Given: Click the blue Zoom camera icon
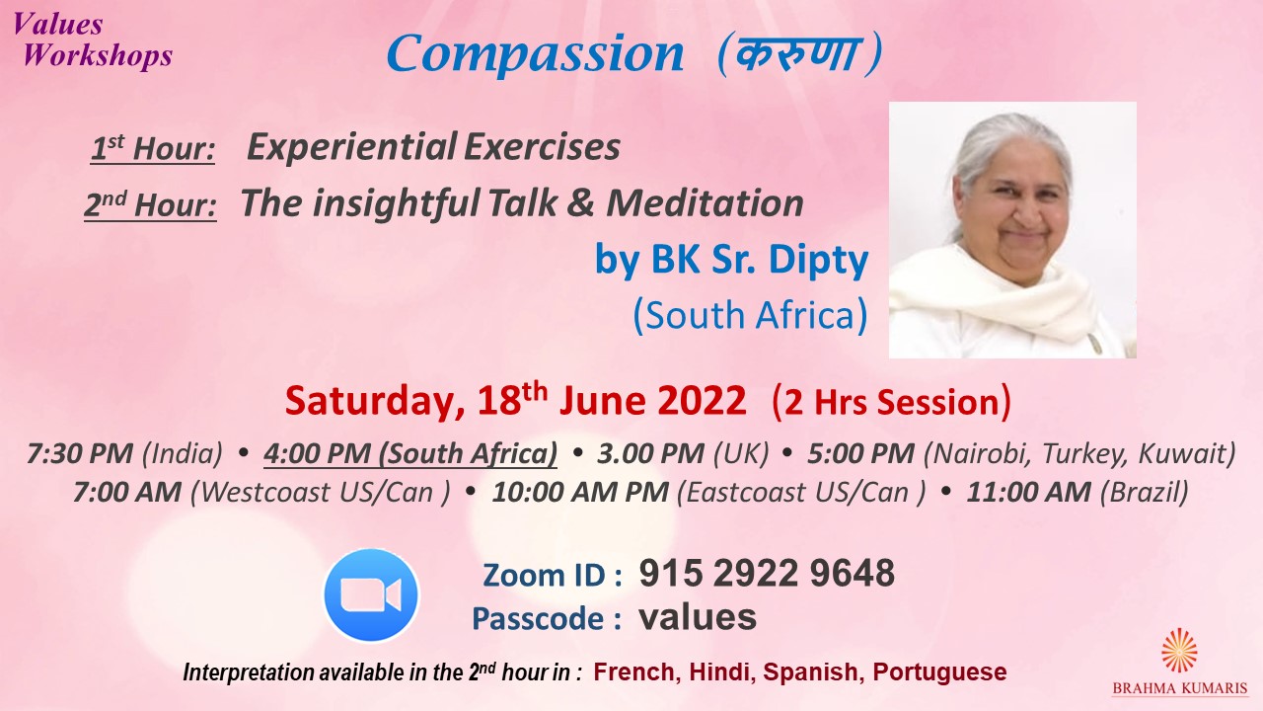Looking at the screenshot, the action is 371,594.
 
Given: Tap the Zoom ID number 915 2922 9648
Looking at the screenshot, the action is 767,574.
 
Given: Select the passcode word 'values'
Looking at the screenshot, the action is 698,617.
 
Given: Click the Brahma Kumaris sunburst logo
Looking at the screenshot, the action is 1179,650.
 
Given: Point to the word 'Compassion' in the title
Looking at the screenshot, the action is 535,53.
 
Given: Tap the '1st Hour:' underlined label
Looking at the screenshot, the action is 153,148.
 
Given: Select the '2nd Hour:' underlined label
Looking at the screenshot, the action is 151,204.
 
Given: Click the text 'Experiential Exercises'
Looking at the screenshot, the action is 433,147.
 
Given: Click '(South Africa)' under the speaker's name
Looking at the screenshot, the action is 751,315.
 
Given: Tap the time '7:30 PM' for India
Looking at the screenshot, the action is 80,453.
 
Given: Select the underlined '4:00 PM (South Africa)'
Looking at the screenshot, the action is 410,454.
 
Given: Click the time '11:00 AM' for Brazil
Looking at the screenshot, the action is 1028,492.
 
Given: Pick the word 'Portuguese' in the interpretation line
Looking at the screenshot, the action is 940,672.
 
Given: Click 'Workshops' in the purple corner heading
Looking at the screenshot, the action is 98,56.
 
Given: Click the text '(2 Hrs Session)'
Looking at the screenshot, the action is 891,402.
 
